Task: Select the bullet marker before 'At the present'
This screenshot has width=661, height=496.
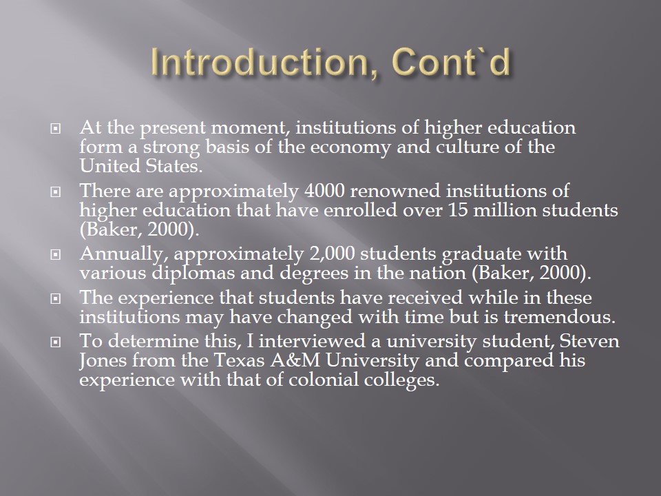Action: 55,128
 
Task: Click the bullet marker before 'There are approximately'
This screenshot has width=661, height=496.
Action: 55,192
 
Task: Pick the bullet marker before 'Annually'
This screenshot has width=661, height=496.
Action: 55,255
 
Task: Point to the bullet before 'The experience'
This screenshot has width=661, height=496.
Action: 55,299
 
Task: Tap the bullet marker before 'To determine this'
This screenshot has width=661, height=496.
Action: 55,342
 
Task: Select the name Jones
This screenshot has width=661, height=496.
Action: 103,360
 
